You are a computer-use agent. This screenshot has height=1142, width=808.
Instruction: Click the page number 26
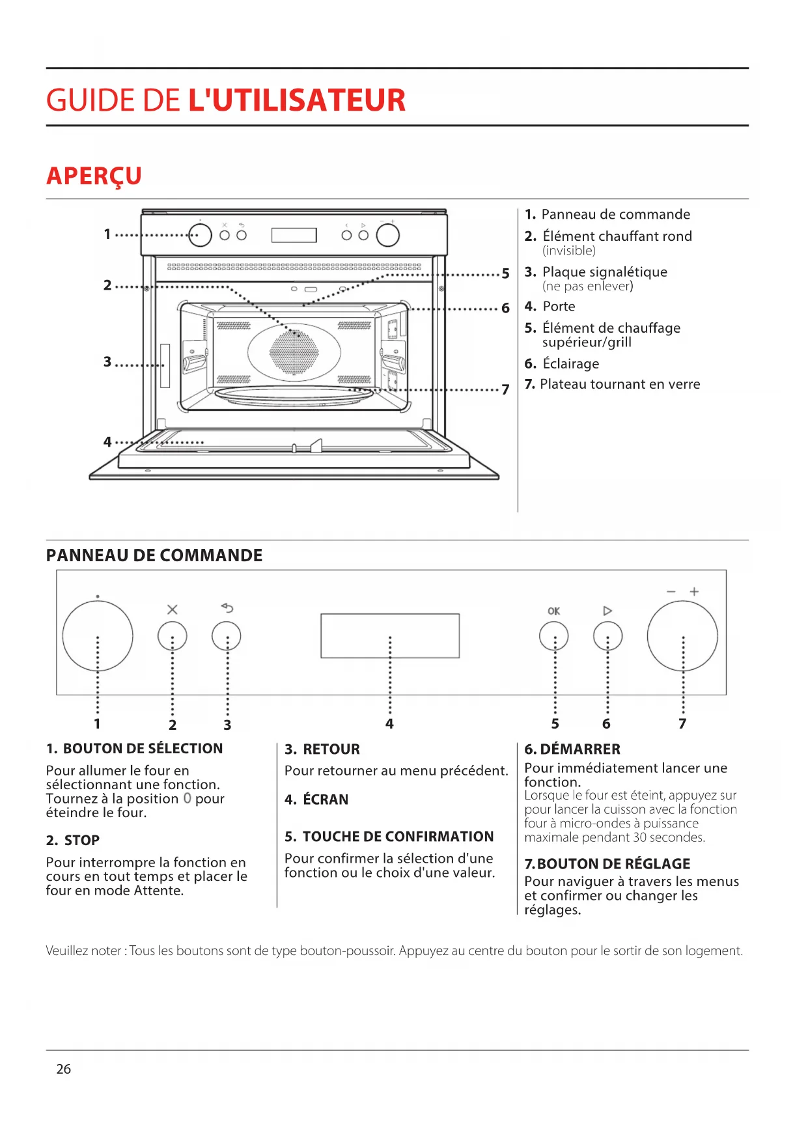pyautogui.click(x=64, y=1069)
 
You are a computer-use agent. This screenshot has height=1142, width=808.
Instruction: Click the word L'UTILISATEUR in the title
pyautogui.click(x=297, y=100)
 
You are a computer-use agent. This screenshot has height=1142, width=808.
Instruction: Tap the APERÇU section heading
pyautogui.click(x=94, y=176)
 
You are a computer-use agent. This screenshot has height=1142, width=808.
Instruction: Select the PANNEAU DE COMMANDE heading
pyautogui.click(x=154, y=555)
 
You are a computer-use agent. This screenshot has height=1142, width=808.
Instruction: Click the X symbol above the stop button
pyautogui.click(x=172, y=609)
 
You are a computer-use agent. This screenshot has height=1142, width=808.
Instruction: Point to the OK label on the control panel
pyautogui.click(x=553, y=611)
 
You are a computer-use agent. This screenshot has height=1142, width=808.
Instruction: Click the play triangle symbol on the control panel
pyautogui.click(x=607, y=611)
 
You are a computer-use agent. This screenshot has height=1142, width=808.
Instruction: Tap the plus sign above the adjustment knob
pyautogui.click(x=694, y=591)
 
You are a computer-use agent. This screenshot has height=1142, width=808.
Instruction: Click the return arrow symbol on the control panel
pyautogui.click(x=227, y=608)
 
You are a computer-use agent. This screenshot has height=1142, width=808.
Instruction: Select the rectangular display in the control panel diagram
pyautogui.click(x=390, y=635)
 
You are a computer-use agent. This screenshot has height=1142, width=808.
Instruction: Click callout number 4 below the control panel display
pyautogui.click(x=389, y=723)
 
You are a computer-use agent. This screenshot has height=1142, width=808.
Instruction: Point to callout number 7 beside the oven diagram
pyautogui.click(x=505, y=389)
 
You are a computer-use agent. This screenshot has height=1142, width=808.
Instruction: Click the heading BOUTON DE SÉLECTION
pyautogui.click(x=143, y=749)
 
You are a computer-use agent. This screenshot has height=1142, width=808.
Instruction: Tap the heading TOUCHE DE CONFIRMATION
pyautogui.click(x=398, y=837)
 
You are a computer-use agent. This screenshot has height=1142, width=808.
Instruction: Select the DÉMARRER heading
pyautogui.click(x=580, y=749)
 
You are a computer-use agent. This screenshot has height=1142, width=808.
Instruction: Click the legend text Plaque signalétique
pyautogui.click(x=605, y=272)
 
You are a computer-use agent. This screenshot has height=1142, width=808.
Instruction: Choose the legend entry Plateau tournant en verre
pyautogui.click(x=620, y=384)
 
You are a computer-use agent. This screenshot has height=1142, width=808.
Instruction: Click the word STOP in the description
pyautogui.click(x=82, y=841)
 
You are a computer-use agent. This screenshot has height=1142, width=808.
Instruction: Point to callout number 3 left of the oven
pyautogui.click(x=107, y=361)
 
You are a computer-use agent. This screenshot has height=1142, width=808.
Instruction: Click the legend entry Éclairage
pyautogui.click(x=571, y=364)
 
